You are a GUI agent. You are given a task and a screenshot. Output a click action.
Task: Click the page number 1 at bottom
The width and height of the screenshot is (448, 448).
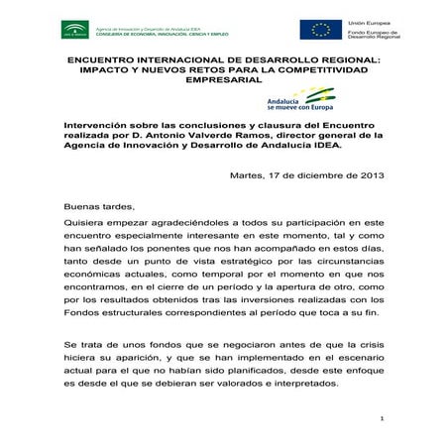[382, 422]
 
